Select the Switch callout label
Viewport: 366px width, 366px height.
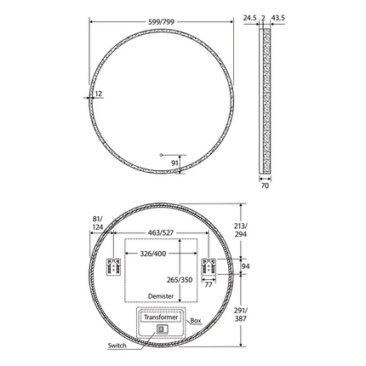(x=117, y=346)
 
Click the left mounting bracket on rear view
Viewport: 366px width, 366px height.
(x=112, y=266)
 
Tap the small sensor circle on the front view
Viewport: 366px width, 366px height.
(x=161, y=154)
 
